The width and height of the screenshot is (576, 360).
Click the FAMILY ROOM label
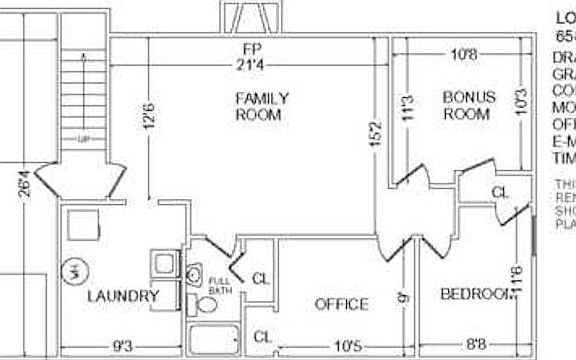(262, 106)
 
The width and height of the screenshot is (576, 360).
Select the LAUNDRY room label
(123, 296)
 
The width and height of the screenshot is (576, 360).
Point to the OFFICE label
(341, 304)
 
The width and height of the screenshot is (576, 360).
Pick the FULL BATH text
(218, 286)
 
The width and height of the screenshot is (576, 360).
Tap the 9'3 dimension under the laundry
(121, 347)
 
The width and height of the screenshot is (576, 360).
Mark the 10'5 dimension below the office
(346, 347)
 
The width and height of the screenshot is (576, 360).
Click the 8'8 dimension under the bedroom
(476, 347)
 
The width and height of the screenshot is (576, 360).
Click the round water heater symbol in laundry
(73, 271)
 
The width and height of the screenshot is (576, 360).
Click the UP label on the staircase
(82, 139)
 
